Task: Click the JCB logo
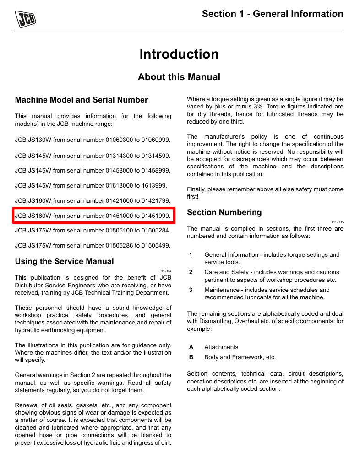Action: (26, 19)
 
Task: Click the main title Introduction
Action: (179, 54)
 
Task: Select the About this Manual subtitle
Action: (179, 77)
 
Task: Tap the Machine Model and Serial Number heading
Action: (82, 100)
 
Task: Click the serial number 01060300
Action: (120, 140)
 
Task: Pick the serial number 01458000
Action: (120, 171)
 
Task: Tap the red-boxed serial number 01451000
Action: (120, 216)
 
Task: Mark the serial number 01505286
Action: (120, 246)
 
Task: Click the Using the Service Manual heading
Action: (65, 261)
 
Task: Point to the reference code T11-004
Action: (165, 271)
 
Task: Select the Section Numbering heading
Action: (224, 212)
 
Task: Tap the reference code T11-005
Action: (337, 222)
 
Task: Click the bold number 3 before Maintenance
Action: (191, 290)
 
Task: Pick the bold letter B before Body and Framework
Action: (191, 357)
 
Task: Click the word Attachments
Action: (221, 347)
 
